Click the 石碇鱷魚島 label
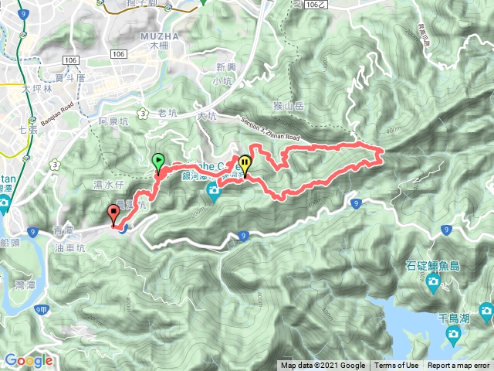432,266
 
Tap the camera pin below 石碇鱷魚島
433,284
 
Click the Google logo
29,360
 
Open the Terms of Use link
397,366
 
